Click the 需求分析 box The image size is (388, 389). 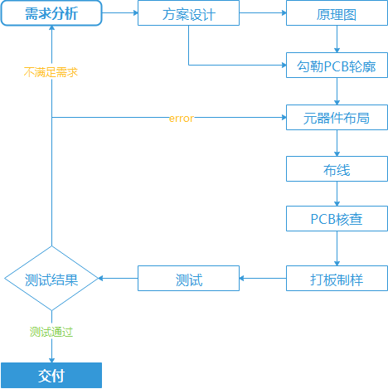click(x=51, y=13)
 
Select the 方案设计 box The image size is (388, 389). click(x=189, y=13)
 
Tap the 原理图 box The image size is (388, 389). click(x=336, y=13)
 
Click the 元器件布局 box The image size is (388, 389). click(x=336, y=118)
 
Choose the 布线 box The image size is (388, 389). click(x=336, y=169)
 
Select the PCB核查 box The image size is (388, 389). click(x=336, y=219)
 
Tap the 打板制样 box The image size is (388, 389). click(x=336, y=279)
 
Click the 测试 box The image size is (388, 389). click(x=189, y=279)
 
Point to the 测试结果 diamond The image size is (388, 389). click(x=51, y=279)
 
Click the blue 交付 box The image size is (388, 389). click(x=51, y=375)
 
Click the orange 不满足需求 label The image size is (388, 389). click(x=51, y=72)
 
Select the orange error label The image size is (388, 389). click(x=181, y=118)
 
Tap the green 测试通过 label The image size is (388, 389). click(x=51, y=332)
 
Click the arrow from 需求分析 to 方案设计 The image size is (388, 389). click(x=120, y=13)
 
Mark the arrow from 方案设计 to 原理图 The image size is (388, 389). click(x=263, y=13)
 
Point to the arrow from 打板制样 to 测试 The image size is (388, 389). click(x=263, y=279)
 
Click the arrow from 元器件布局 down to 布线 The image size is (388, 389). click(x=336, y=143)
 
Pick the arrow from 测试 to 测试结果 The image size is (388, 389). click(x=119, y=279)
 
